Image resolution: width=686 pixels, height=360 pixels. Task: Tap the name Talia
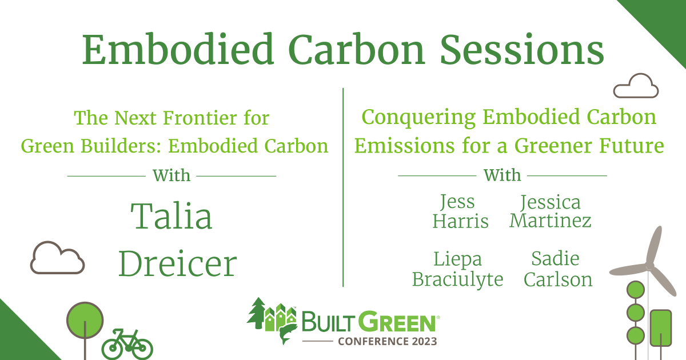point(171,217)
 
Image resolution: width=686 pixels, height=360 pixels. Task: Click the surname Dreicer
point(177,263)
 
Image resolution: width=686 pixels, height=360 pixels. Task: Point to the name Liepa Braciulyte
point(457,269)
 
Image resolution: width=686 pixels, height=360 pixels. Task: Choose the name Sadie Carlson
point(558,269)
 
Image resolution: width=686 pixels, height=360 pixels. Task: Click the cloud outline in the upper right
point(636,86)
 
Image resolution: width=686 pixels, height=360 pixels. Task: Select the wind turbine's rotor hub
point(649,266)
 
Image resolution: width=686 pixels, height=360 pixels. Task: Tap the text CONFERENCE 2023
point(387,342)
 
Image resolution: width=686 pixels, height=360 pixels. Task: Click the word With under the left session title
point(171,175)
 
